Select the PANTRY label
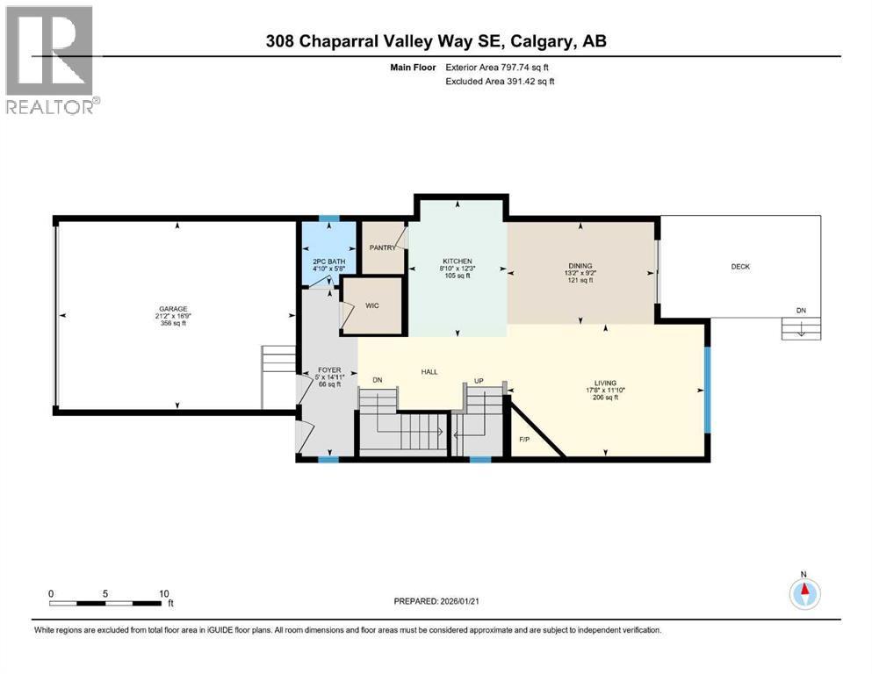click(382, 247)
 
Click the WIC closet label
click(371, 306)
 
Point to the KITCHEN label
click(457, 261)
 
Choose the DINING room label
click(580, 266)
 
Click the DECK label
click(740, 267)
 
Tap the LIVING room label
click(605, 382)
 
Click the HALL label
click(429, 372)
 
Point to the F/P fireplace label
click(524, 439)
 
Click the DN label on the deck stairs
click(800, 311)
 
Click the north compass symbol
click(803, 594)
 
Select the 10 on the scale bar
click(163, 593)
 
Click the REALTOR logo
click(50, 59)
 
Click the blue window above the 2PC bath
click(328, 219)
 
